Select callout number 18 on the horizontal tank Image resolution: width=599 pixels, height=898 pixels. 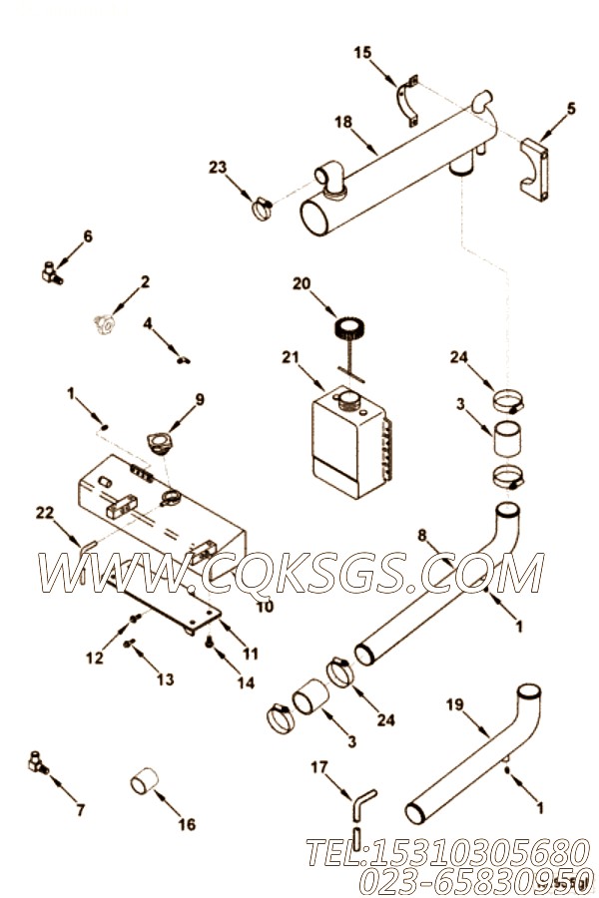pos(343,122)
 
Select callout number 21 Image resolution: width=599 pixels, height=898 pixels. pos(289,357)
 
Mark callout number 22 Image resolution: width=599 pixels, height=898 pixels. pos(44,513)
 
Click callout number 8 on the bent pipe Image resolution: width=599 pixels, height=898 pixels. pos(422,536)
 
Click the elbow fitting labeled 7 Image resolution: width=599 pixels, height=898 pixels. pos(36,764)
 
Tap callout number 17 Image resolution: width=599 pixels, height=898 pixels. pos(318,766)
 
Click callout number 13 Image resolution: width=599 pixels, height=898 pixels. pos(166,679)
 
